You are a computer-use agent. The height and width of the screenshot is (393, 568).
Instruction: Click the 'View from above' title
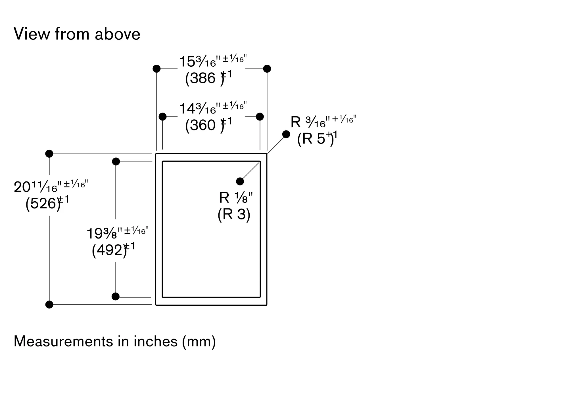(x=77, y=34)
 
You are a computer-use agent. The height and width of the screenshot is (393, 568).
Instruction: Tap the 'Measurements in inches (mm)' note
(x=115, y=341)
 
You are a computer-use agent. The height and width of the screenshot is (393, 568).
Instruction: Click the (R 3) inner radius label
(x=234, y=214)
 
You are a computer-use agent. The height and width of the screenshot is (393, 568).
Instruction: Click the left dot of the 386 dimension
(x=156, y=69)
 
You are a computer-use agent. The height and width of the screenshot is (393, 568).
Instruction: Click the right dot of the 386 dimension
(x=267, y=69)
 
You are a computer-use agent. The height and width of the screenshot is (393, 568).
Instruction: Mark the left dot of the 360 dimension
(x=163, y=117)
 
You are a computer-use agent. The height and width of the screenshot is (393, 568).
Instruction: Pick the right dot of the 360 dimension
(x=260, y=117)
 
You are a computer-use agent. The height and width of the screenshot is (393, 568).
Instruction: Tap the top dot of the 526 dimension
(x=49, y=154)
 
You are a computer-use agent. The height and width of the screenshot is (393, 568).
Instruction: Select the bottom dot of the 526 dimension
(x=49, y=305)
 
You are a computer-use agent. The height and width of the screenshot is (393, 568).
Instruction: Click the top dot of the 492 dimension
(x=116, y=162)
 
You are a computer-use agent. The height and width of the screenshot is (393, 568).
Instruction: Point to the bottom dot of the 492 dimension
(x=116, y=297)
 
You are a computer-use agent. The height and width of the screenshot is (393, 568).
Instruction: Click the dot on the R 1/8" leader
(x=240, y=181)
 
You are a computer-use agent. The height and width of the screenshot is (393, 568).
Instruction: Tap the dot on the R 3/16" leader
(x=286, y=134)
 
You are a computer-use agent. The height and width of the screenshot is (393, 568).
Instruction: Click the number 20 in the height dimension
(x=22, y=187)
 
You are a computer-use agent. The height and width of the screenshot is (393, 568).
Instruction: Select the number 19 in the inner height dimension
(x=95, y=234)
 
